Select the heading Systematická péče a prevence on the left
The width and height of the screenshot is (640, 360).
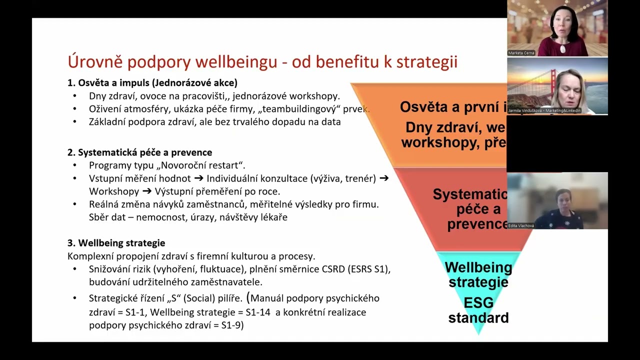[x=145, y=152]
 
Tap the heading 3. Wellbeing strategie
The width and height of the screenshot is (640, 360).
[x=116, y=243]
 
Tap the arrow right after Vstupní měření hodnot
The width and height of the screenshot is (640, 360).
[x=198, y=178]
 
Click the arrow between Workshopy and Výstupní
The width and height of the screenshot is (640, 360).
[x=147, y=191]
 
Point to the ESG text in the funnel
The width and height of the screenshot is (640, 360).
[x=478, y=303]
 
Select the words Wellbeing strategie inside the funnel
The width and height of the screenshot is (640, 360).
[x=478, y=274]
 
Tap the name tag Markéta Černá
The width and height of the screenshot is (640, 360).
[x=521, y=52]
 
